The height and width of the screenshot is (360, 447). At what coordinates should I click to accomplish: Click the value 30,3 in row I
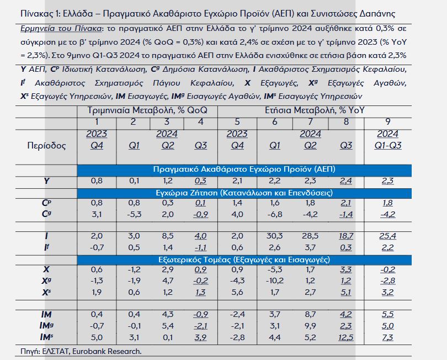tap(274, 236)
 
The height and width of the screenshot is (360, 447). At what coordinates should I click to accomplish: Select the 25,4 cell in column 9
tap(387, 236)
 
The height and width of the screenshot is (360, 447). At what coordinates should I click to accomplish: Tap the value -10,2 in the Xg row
tap(274, 280)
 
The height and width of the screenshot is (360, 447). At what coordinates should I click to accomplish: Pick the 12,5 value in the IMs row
tap(345, 337)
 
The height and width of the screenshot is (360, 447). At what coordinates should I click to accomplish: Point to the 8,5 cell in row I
tap(167, 236)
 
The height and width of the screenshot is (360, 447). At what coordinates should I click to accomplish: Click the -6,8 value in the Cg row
tap(274, 214)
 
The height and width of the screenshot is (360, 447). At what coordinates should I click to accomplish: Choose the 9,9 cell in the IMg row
tap(310, 326)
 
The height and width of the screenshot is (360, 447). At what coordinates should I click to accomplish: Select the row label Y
tap(46, 181)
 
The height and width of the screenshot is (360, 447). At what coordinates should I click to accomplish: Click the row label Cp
tap(46, 203)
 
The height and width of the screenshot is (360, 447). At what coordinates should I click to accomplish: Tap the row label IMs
tap(46, 337)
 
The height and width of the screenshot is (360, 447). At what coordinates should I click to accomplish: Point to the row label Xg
tap(46, 281)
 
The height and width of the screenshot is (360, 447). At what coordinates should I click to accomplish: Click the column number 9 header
tap(388, 122)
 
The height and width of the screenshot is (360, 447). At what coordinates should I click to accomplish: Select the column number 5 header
tap(237, 122)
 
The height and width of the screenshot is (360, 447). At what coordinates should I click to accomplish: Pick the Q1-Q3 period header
tap(388, 145)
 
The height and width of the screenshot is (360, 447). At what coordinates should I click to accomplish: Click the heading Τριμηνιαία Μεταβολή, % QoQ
tap(147, 110)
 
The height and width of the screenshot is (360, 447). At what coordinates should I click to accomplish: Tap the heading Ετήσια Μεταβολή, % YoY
tap(315, 110)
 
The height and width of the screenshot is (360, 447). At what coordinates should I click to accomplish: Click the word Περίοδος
tap(46, 146)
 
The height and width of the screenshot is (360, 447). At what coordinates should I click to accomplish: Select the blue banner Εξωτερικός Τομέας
tap(244, 260)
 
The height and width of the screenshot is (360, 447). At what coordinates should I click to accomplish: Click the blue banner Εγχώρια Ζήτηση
tap(244, 193)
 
